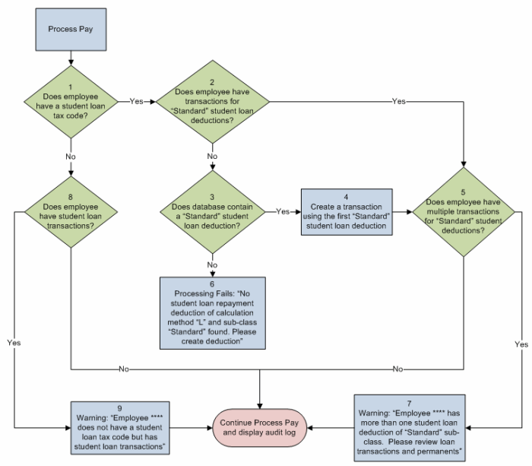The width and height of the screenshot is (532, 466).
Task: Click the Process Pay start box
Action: point(71,29)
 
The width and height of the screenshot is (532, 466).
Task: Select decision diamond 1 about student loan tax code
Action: point(71,101)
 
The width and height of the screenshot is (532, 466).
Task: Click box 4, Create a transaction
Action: point(347,211)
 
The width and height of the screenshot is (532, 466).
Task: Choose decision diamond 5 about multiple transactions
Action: point(464,211)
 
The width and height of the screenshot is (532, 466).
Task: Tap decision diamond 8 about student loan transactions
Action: point(71,211)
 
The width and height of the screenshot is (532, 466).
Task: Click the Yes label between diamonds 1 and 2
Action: point(137,101)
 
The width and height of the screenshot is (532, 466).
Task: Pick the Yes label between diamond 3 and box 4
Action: point(283,211)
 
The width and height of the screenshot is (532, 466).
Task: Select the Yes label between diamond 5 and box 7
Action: point(521,344)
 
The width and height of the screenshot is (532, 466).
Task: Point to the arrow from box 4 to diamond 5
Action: point(401,211)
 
